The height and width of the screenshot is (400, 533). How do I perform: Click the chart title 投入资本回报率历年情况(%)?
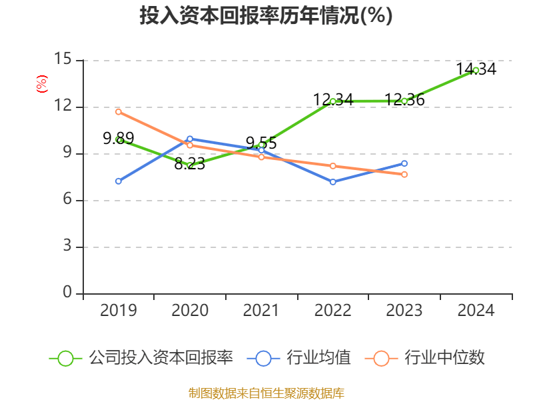tap(266, 15)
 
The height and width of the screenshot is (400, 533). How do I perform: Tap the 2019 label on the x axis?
tap(118, 310)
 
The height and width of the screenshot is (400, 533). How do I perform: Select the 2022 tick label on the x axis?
tap(332, 310)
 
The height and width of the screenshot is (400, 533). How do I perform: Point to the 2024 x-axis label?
tap(476, 310)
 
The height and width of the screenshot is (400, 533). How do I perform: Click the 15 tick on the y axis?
tap(63, 60)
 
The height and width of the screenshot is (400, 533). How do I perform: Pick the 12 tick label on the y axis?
tap(63, 107)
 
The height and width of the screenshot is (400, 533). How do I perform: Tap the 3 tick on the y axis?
tap(67, 247)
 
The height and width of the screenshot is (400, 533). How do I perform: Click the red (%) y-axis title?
tap(41, 83)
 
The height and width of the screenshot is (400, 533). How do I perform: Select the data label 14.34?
tap(476, 69)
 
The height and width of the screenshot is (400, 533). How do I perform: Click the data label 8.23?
tap(189, 164)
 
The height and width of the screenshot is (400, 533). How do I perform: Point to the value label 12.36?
tap(404, 100)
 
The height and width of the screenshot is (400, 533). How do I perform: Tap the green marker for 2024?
tap(476, 70)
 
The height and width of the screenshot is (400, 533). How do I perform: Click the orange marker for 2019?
tap(119, 111)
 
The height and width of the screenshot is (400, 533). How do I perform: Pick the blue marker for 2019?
tap(119, 181)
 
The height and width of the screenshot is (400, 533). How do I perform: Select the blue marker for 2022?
tap(332, 181)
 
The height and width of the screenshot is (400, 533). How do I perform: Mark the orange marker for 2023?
tap(404, 174)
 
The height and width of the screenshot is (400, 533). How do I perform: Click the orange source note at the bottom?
tap(266, 392)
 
